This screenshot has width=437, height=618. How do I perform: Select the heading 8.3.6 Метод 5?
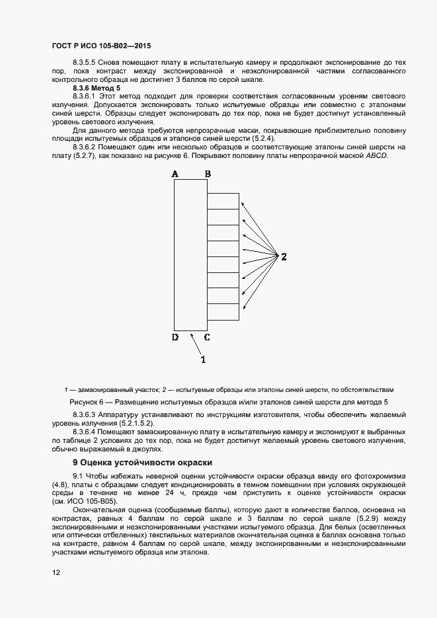[x=97, y=88]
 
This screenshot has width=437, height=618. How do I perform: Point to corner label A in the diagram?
[x=175, y=174]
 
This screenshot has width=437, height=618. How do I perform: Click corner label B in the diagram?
[x=208, y=174]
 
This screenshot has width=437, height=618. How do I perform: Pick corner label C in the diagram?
[x=207, y=337]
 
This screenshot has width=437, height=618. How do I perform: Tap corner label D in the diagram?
[x=175, y=337]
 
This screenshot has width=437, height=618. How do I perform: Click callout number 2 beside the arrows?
[x=284, y=256]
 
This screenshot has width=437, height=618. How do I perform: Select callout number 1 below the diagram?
[x=203, y=360]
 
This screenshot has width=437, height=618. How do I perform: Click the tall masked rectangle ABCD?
[x=190, y=255]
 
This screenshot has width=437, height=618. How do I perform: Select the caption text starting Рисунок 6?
[x=228, y=402]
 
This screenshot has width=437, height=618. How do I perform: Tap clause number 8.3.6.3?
[x=86, y=414]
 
